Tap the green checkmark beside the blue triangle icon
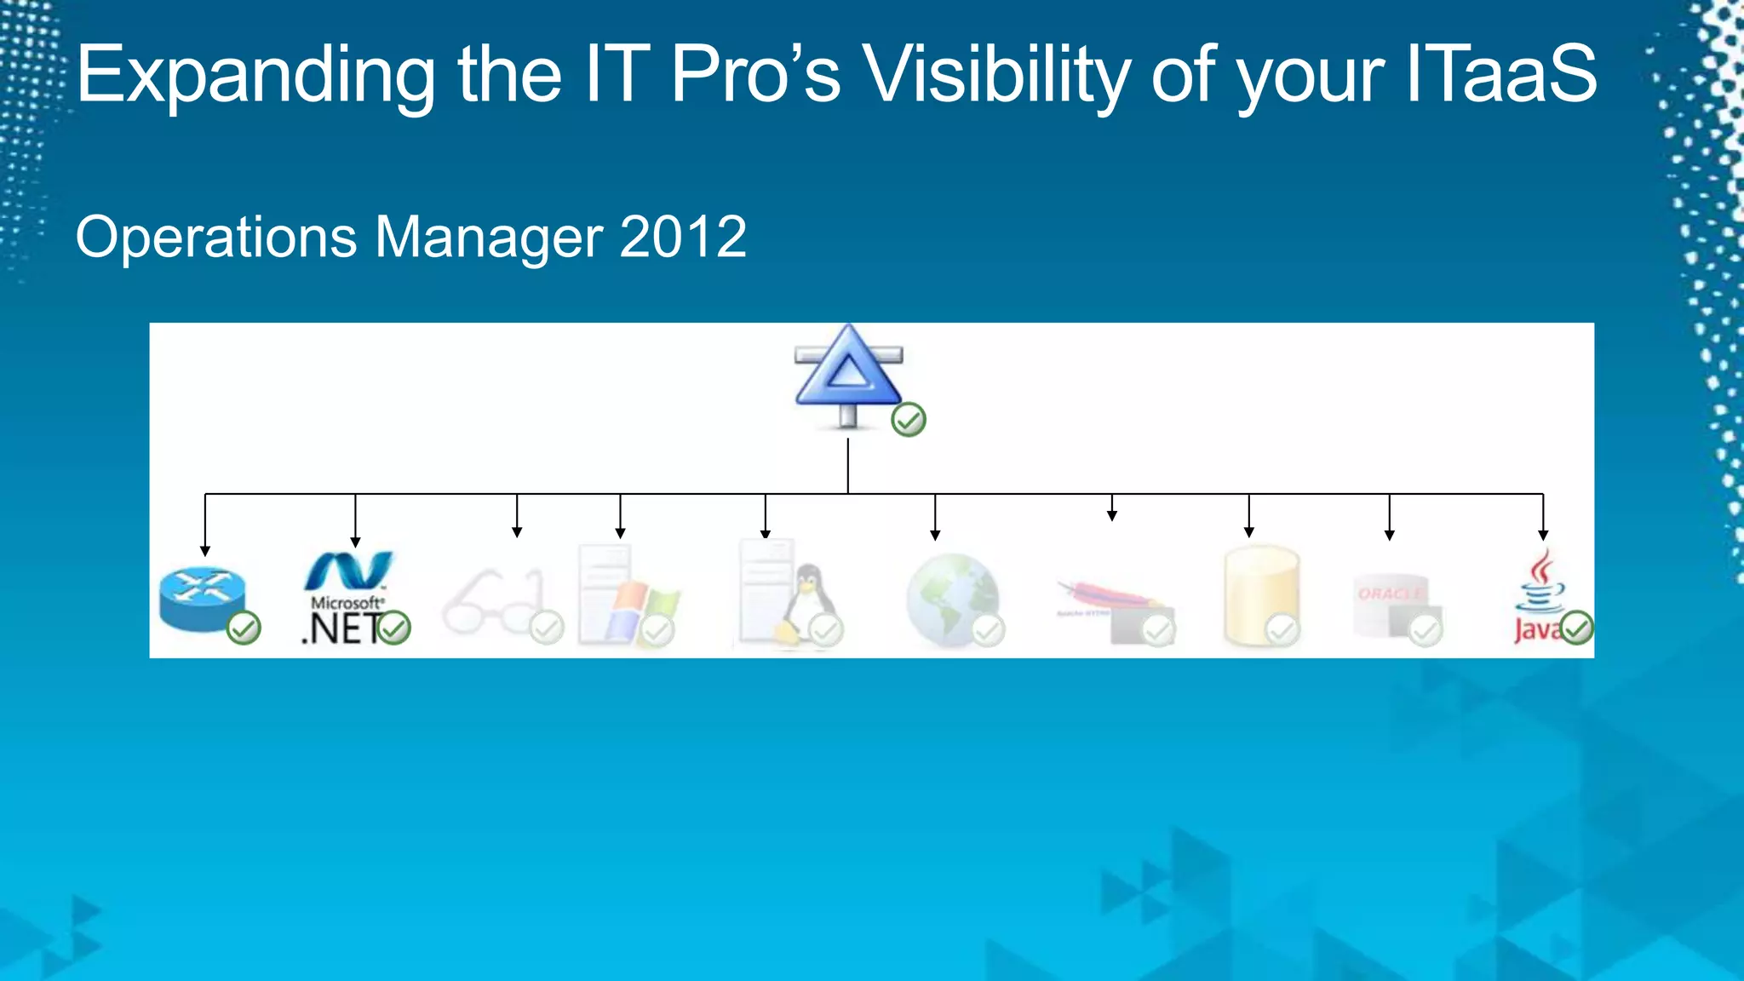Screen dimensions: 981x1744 click(909, 420)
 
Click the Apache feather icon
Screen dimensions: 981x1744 click(1104, 596)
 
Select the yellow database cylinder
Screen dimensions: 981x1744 click(1260, 596)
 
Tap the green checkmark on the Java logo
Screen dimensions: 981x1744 click(1576, 628)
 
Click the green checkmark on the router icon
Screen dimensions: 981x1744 click(244, 628)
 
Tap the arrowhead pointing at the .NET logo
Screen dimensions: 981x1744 click(355, 542)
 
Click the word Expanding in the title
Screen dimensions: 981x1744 click(255, 77)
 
